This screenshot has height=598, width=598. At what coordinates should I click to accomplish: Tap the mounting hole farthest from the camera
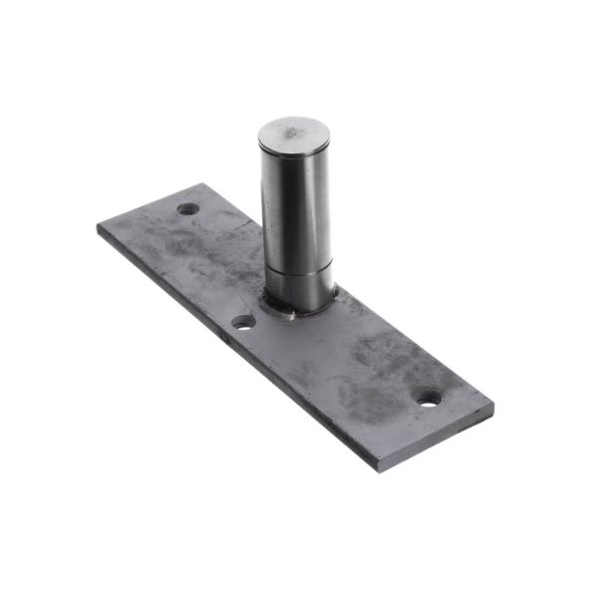tap(188, 209)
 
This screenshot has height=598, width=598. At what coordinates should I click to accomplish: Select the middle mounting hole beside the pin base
tap(242, 323)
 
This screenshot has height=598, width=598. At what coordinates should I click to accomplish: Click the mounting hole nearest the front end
tap(428, 398)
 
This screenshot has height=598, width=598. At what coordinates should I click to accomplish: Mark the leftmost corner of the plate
tap(98, 227)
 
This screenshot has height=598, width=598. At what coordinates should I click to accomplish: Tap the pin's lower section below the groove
tap(300, 287)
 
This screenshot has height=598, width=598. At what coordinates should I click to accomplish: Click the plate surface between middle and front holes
tap(329, 359)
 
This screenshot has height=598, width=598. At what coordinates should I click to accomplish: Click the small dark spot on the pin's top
tap(296, 129)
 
